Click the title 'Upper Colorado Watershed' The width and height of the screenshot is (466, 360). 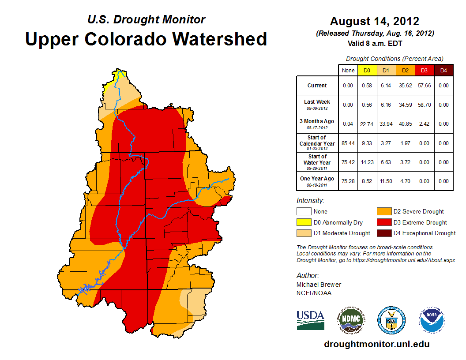[x=146, y=39]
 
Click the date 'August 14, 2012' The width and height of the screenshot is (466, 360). [x=375, y=21]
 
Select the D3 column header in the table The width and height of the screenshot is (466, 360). [x=424, y=70]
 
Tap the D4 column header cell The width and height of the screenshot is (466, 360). [x=443, y=70]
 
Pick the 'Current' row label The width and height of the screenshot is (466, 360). [x=317, y=86]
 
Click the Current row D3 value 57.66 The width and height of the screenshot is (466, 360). [x=424, y=86]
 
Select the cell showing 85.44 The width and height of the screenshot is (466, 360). [x=348, y=143]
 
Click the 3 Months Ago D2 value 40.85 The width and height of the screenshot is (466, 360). [x=405, y=124]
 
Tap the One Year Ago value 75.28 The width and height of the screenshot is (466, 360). [x=348, y=181]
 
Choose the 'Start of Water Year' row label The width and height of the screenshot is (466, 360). [x=317, y=162]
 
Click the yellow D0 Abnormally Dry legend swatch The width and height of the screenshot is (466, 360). [x=304, y=222]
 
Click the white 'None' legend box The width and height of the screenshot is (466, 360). [x=304, y=212]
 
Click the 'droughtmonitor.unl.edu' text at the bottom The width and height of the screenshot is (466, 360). [x=376, y=344]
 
